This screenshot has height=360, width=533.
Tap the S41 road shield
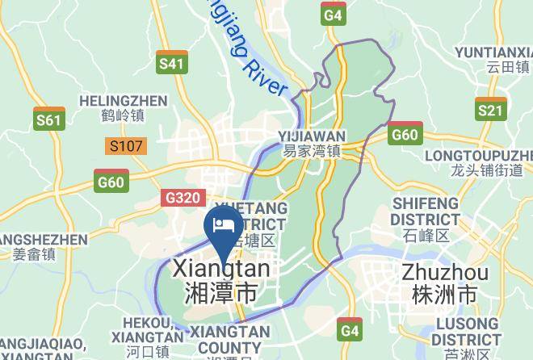tap(171, 62)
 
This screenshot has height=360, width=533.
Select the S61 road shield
tap(49, 119)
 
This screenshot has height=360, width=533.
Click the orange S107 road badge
tap(125, 146)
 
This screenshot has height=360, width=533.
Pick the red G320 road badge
tap(183, 198)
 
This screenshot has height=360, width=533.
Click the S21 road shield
tap(490, 109)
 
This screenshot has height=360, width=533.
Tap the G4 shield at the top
tap(334, 14)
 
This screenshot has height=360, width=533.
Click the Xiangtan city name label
tap(222, 279)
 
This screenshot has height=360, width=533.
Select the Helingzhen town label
tap(124, 108)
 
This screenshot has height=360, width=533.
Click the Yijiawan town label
tap(312, 143)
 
